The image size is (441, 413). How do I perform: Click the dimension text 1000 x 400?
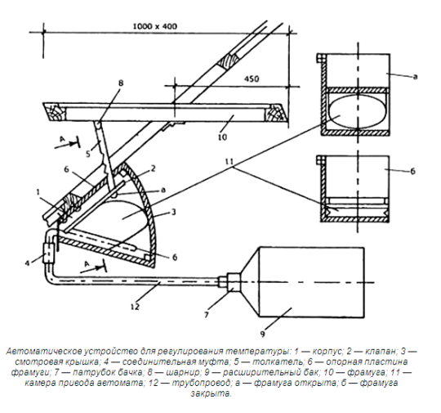point(154,26)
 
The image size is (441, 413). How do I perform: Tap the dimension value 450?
point(252,79)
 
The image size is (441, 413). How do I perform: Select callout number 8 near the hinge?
point(120,83)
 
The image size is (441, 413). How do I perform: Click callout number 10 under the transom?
point(222,137)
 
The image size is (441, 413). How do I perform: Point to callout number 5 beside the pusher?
point(88,154)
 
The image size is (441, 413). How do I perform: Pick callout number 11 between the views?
point(229,162)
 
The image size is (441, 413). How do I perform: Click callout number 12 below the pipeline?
point(136,306)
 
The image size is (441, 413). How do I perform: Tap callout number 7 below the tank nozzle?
point(207,315)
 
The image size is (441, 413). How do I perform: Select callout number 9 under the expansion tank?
point(262,334)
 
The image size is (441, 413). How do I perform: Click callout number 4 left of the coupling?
point(27,263)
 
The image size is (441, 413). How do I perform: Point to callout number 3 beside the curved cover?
point(173,212)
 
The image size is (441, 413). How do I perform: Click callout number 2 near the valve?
point(153,168)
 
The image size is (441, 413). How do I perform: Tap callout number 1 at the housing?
point(38,192)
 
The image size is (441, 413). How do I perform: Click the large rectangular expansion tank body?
point(311,283)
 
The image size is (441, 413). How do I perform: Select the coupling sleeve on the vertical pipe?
point(48,253)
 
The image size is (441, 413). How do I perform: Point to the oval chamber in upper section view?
point(357,111)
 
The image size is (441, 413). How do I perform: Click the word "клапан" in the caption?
point(380,352)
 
